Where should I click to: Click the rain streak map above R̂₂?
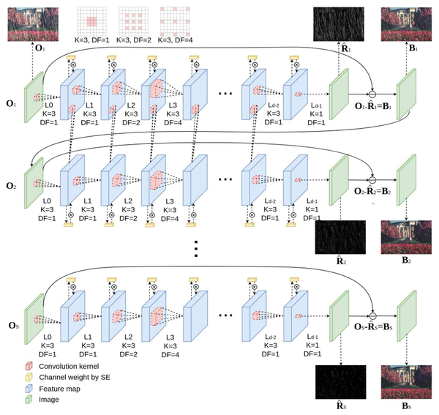point(339,238)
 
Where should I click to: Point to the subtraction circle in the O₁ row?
point(371,95)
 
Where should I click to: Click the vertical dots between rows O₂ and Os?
point(196,248)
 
